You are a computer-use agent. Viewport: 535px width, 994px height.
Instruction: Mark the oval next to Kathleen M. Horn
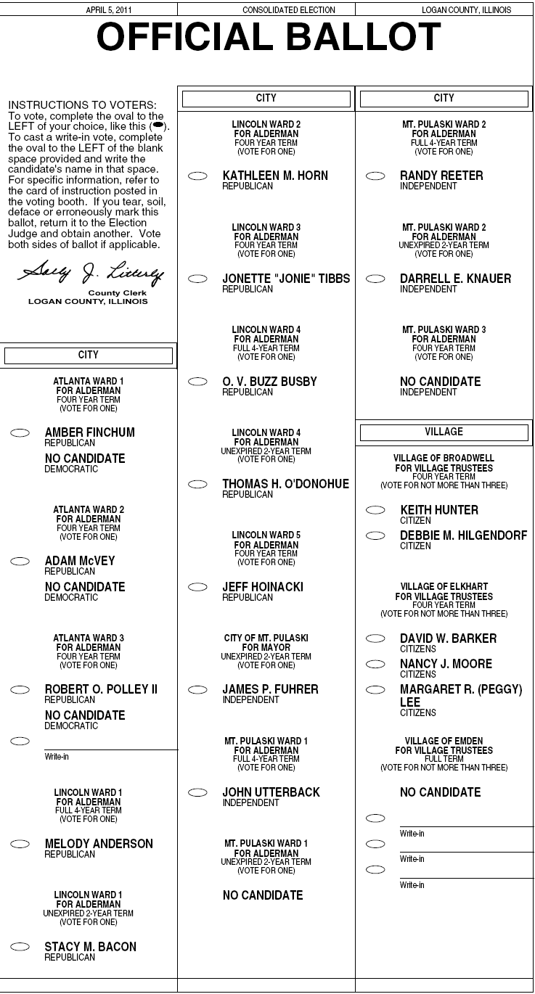click(197, 176)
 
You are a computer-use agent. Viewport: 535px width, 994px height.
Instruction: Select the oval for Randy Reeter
click(375, 176)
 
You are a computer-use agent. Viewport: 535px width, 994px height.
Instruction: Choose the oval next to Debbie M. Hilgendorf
click(375, 536)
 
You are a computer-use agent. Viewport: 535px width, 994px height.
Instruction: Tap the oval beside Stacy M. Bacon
click(20, 947)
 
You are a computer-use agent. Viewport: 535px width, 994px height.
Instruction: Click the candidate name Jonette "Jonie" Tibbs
click(286, 279)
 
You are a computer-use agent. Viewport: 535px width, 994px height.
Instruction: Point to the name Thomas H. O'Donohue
click(285, 484)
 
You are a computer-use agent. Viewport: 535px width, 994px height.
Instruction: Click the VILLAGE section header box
click(444, 432)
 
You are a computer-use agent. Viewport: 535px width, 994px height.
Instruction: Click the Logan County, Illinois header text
click(466, 10)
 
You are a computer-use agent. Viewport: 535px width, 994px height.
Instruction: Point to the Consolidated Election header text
click(289, 10)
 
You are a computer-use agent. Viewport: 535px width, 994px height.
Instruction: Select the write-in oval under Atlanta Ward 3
click(20, 741)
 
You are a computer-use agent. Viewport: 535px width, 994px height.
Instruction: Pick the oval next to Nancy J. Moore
click(375, 664)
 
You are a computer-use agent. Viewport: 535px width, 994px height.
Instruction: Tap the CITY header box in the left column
click(89, 356)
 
